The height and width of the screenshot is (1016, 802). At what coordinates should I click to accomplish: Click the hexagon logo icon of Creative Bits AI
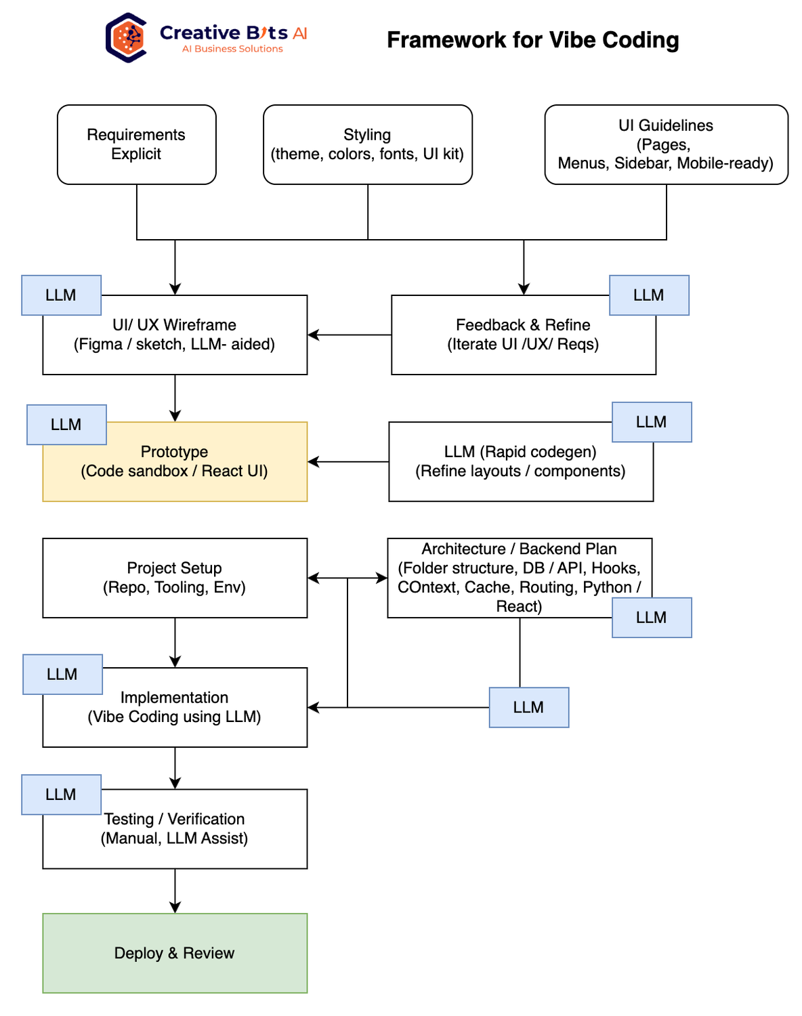click(x=127, y=38)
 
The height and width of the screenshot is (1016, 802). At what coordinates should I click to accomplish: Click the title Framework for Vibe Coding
click(x=532, y=40)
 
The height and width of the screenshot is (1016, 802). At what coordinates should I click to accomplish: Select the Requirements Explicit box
click(x=136, y=144)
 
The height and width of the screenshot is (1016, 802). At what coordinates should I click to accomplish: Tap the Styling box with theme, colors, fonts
click(x=367, y=144)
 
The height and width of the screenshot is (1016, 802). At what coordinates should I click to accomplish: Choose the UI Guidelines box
click(x=666, y=144)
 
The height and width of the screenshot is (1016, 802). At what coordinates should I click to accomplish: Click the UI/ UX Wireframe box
click(x=175, y=335)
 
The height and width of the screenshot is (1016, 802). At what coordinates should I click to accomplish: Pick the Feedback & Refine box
click(x=523, y=335)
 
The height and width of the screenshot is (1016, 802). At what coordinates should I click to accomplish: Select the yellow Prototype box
click(x=175, y=462)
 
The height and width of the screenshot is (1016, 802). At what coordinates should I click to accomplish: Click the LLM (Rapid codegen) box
click(x=520, y=462)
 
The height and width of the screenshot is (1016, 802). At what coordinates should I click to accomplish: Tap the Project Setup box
click(x=175, y=578)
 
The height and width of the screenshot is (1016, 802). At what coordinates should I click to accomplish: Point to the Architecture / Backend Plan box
click(x=519, y=577)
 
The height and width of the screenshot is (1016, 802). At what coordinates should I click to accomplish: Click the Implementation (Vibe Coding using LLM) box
click(x=175, y=708)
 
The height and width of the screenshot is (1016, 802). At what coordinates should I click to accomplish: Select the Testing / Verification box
click(x=175, y=829)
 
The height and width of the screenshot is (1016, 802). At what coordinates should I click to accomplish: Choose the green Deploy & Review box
click(x=175, y=953)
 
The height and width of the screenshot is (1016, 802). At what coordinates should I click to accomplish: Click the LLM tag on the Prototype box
click(x=66, y=425)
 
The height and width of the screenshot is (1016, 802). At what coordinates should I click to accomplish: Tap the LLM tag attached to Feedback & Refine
click(x=649, y=295)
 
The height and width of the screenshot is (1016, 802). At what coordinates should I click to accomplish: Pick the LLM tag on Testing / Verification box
click(x=61, y=795)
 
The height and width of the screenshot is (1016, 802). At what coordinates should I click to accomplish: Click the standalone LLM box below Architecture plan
click(x=528, y=708)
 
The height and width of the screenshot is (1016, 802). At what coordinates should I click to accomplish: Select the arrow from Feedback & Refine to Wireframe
click(x=349, y=335)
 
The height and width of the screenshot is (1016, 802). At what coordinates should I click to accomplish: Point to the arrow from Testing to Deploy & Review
click(x=175, y=891)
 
